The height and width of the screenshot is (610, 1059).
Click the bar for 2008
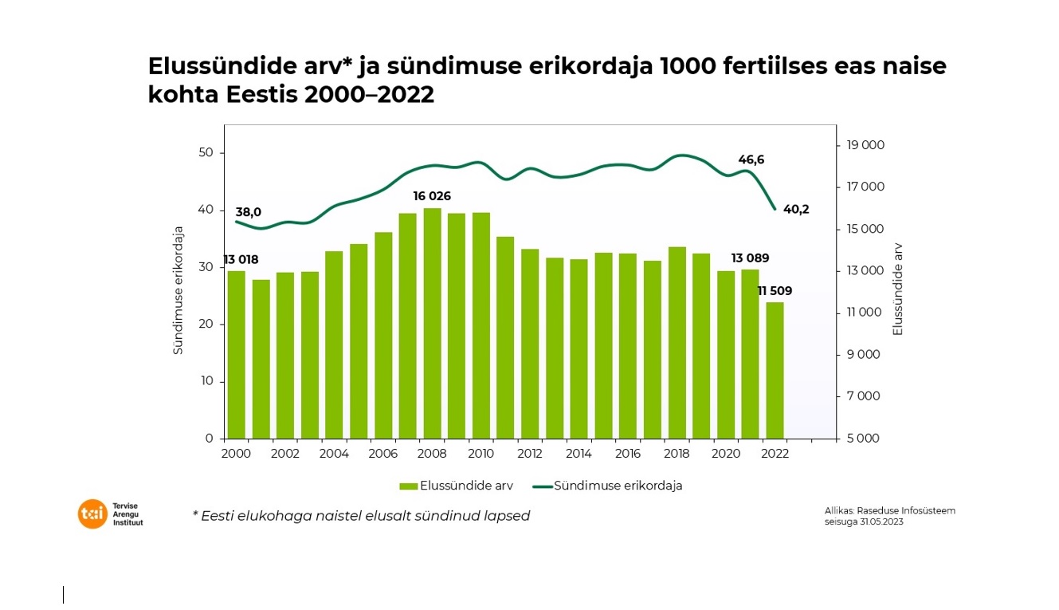(432, 323)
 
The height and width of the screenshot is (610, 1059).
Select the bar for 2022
(775, 370)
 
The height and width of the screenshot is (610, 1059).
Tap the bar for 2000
(237, 354)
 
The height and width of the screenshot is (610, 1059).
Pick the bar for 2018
(677, 342)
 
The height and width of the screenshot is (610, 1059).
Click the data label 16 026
(432, 196)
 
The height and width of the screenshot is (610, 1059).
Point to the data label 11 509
(775, 291)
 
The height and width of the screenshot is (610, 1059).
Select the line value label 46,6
(750, 159)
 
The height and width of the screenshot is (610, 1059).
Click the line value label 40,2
(795, 210)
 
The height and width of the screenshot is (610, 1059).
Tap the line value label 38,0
(248, 212)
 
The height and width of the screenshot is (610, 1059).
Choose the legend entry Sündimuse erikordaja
(618, 486)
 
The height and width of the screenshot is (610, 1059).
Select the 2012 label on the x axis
(529, 453)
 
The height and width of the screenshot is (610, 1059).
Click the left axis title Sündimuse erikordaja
(178, 290)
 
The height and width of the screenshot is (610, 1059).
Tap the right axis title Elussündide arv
(898, 289)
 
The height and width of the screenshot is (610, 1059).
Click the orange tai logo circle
(92, 514)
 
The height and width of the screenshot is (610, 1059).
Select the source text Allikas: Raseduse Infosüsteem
(889, 510)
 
